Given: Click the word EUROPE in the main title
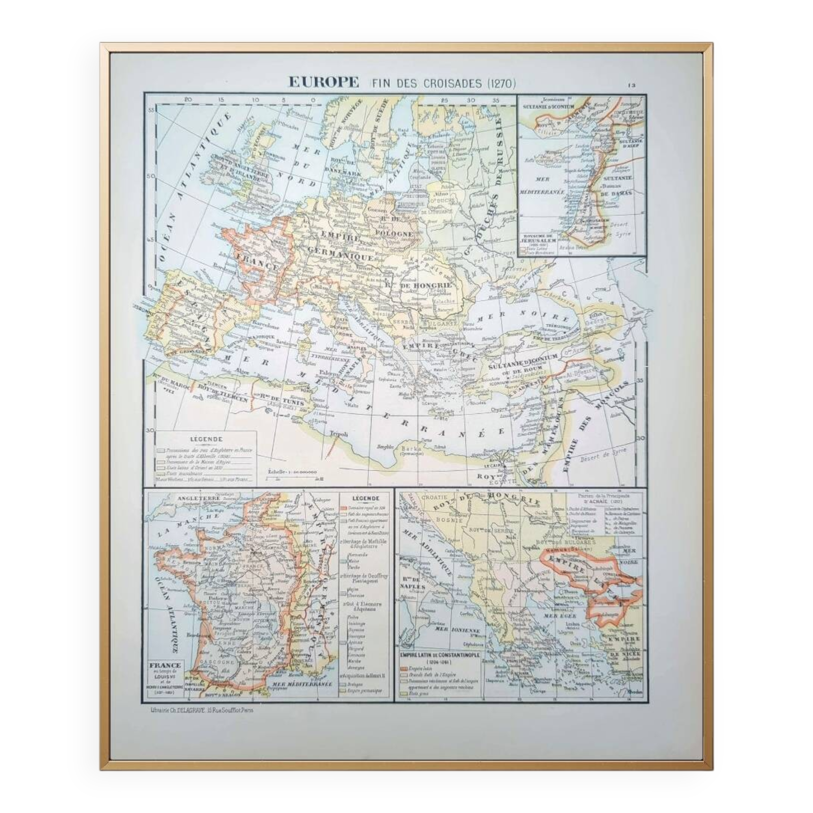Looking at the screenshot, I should pos(323,82).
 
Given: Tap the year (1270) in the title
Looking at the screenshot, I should pos(501,83).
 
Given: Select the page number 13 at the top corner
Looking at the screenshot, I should pos(632,85).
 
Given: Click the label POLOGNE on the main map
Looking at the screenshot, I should pos(396,234).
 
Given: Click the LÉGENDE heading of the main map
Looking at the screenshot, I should pos(206,439).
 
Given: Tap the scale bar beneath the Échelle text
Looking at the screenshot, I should pos(295,478).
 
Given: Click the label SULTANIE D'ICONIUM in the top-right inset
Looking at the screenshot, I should pos(548,107).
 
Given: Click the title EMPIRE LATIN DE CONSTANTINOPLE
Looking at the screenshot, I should pos(439,655).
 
